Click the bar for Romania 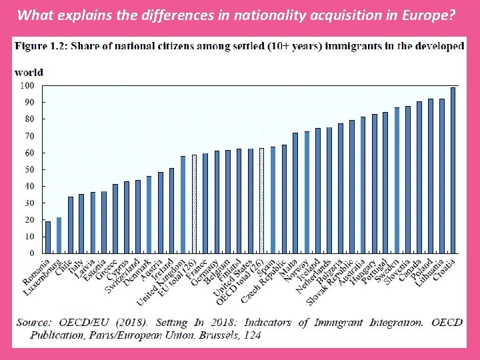(x=47, y=237)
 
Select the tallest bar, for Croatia (x=453, y=171)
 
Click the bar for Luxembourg (x=59, y=235)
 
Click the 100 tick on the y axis (x=27, y=85)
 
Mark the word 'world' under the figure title (x=29, y=72)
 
